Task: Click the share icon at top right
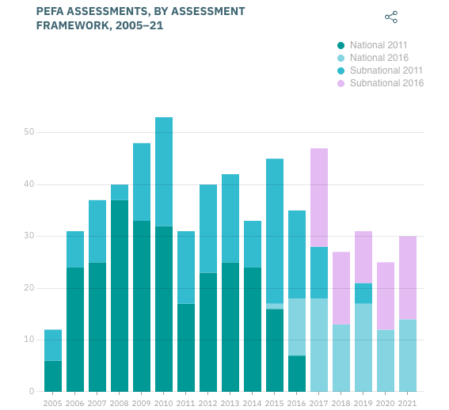coord(390,17)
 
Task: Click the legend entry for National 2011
coord(378,45)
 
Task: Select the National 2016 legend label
coord(378,58)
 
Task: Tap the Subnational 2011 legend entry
coord(385,70)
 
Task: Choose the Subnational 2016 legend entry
coord(385,83)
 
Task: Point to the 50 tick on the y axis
coord(29,132)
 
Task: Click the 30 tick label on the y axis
coord(29,236)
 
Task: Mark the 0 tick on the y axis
coord(32,391)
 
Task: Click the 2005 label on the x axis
coord(53,403)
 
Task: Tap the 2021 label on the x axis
coord(408,403)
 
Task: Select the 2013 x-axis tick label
coord(230,403)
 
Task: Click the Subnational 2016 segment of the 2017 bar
coord(319,197)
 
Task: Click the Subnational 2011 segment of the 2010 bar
coord(164,171)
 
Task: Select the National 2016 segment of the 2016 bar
coord(297,326)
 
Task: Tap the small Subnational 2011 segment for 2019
coord(363,293)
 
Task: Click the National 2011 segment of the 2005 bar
coord(53,376)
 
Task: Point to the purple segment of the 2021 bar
coord(408,277)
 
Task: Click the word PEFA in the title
coord(52,12)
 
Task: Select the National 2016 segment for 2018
coord(341,358)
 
